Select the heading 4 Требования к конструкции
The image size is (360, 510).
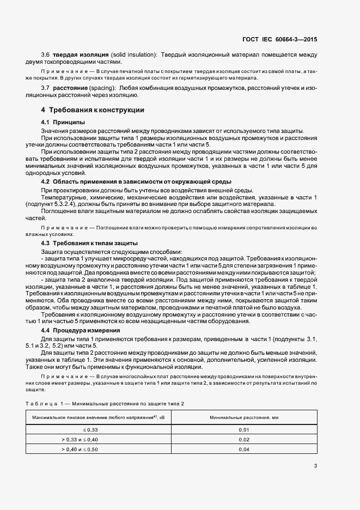(93, 110)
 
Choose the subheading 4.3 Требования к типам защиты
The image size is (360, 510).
(89, 242)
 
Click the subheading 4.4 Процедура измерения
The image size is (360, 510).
(81, 330)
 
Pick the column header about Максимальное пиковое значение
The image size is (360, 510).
(99, 417)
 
